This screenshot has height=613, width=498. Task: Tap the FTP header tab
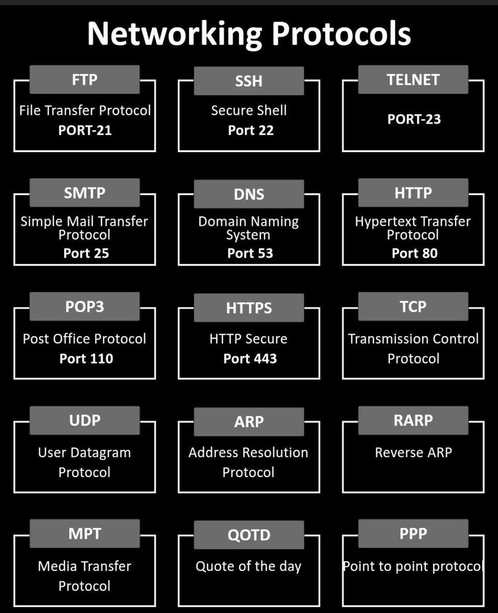tap(85, 80)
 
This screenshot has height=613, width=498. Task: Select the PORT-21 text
tap(85, 130)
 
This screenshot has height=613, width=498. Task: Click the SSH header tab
tap(249, 81)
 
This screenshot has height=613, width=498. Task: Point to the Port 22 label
tap(251, 130)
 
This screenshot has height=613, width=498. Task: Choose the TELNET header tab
tap(413, 80)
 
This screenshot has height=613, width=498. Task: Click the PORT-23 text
tap(414, 120)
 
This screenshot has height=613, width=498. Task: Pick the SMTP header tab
tap(85, 193)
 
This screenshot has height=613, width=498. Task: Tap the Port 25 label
tap(86, 253)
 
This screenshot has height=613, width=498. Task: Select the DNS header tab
tap(249, 195)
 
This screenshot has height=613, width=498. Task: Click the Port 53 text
tap(250, 253)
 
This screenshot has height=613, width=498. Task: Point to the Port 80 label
tap(414, 253)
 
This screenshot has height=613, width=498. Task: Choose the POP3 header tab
tap(85, 306)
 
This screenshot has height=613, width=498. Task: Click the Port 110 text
tap(86, 359)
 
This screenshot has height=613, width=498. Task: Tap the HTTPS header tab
tap(249, 308)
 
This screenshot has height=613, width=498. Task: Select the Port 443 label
tap(250, 359)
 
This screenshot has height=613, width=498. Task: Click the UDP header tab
tap(85, 420)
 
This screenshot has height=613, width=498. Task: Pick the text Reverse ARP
tap(413, 453)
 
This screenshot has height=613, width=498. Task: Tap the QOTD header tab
tap(249, 535)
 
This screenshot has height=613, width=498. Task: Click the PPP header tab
tap(413, 534)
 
